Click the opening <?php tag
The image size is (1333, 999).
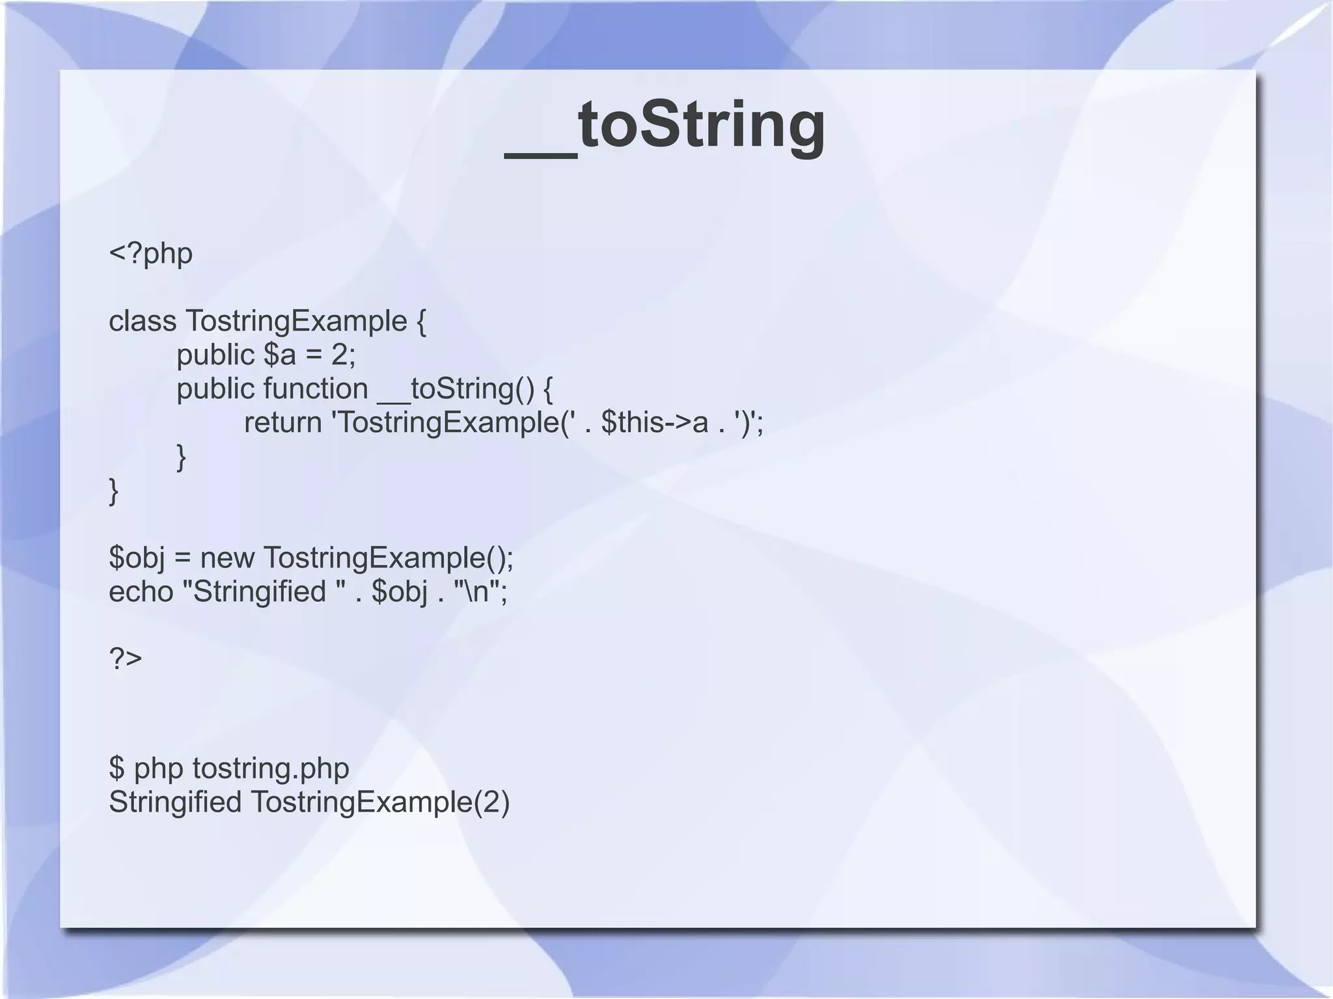coord(150,253)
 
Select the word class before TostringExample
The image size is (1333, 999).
coord(142,321)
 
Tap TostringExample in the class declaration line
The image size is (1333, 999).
coord(297,321)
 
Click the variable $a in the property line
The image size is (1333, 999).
coord(280,355)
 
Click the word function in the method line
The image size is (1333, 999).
coord(316,389)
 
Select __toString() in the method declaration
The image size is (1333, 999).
coord(456,389)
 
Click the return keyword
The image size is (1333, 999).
coord(282,423)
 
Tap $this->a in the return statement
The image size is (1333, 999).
coord(654,423)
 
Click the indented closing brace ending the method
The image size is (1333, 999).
coord(182,457)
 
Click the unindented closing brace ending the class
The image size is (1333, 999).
coord(114,491)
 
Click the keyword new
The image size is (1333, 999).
coord(228,558)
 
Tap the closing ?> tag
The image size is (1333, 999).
coord(125,659)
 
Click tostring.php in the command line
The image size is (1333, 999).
coord(271,769)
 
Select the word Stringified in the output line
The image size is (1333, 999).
coord(174,802)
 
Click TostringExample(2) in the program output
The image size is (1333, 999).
coord(380,802)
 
